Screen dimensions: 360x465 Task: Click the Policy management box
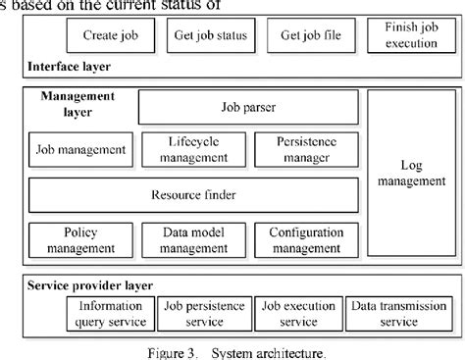[x=77, y=239]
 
